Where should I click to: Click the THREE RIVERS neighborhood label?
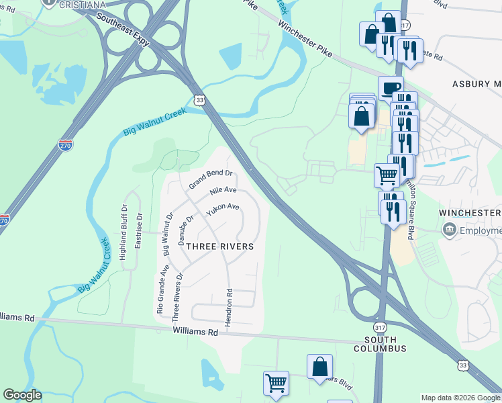[x=219, y=247]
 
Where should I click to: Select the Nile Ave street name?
[x=223, y=191]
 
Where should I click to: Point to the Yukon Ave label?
[x=223, y=210]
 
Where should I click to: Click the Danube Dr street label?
[x=186, y=229]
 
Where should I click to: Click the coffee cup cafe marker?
[x=390, y=87]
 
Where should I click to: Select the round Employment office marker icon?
[x=448, y=230]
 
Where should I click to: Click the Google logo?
[x=22, y=395]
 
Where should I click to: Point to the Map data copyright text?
[x=460, y=398]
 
